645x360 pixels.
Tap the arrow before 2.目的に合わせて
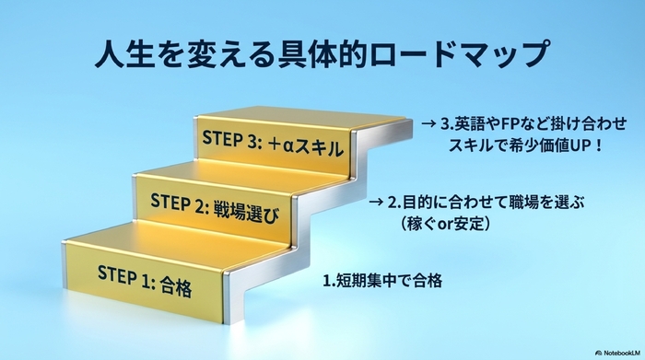point(376,202)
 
